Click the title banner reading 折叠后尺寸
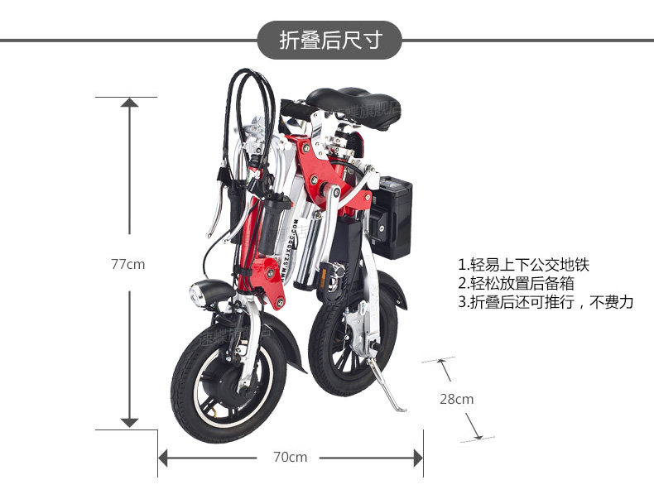point(329,40)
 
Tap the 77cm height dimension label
point(128,264)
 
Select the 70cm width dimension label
point(290,457)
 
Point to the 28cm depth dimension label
point(456,399)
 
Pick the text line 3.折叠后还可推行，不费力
point(546,302)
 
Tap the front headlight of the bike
point(202,293)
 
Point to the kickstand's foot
point(398,408)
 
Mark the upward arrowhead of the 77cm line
point(129,103)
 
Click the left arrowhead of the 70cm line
point(164,457)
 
